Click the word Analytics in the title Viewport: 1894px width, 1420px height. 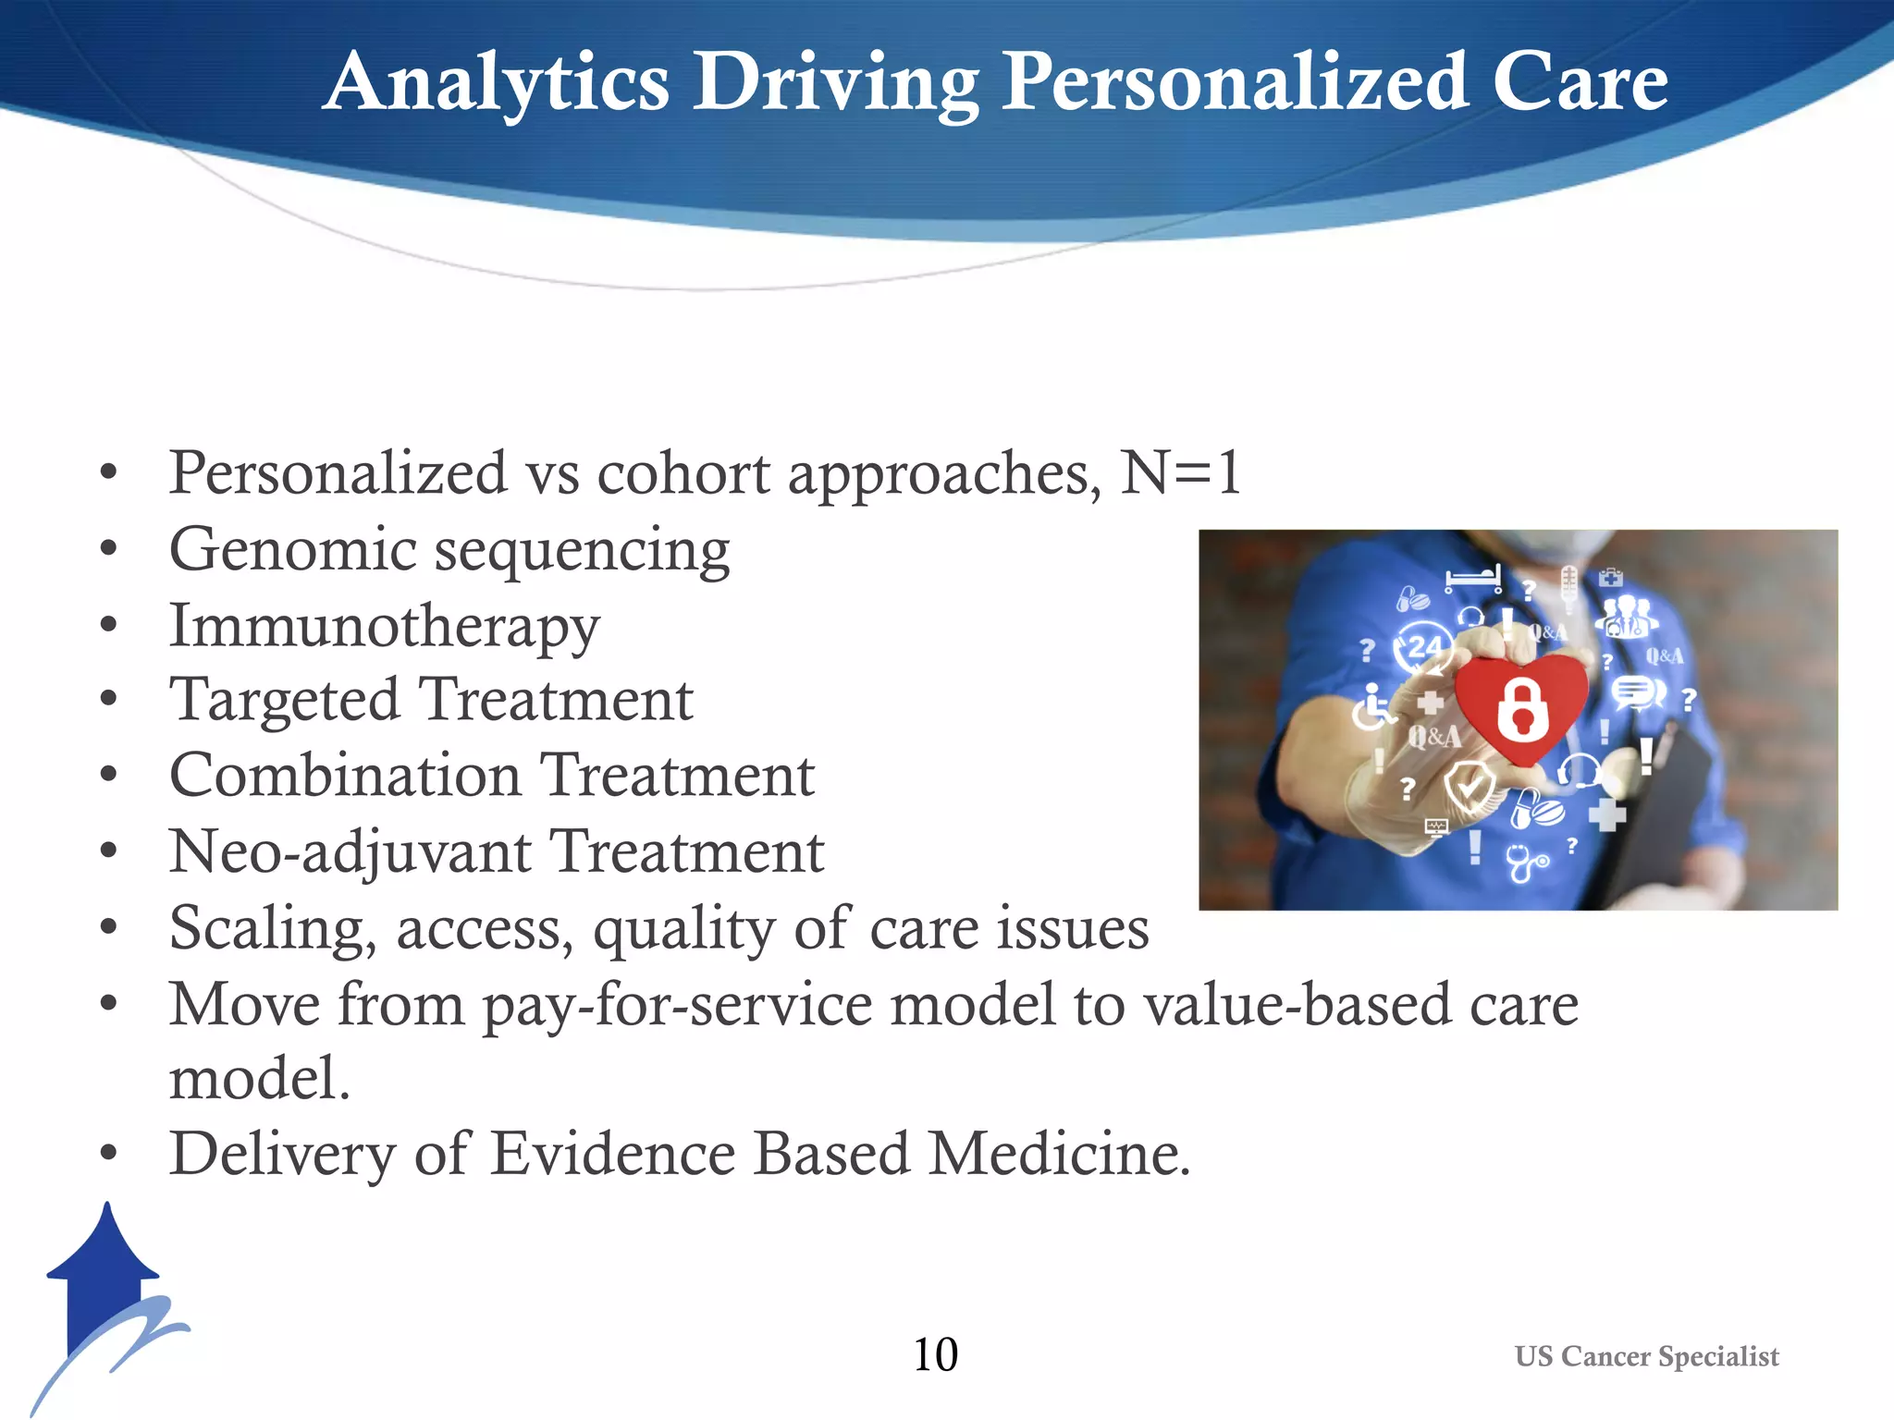497,83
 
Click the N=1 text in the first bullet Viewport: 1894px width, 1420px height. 1180,472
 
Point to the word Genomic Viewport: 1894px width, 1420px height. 292,550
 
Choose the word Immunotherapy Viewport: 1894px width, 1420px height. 384,627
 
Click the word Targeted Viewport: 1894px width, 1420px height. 285,700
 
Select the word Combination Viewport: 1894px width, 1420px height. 344,776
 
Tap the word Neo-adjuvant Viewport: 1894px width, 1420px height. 351,851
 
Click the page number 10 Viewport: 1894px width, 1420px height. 935,1354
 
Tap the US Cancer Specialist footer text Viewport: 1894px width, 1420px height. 1646,1356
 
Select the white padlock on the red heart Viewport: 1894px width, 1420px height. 1521,708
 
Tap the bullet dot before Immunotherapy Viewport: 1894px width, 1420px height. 109,626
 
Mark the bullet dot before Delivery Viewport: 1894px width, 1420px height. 109,1153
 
